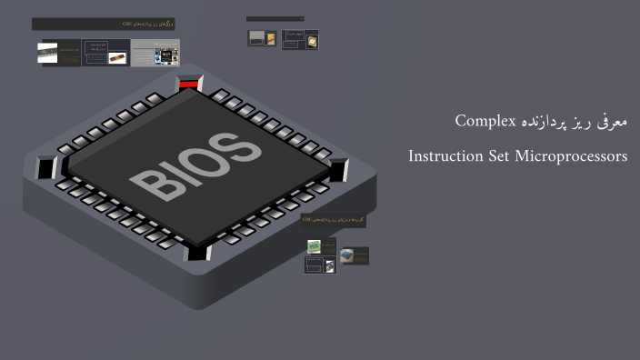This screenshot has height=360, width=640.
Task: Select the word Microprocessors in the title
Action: (x=571, y=156)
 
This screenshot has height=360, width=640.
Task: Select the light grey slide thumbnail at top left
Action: (x=155, y=52)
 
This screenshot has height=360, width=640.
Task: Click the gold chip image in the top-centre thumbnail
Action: (x=310, y=40)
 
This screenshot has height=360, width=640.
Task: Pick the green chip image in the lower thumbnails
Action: (x=314, y=246)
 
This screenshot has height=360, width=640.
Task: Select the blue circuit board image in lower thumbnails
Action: (x=347, y=256)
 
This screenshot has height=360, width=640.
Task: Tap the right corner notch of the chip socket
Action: (x=339, y=168)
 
